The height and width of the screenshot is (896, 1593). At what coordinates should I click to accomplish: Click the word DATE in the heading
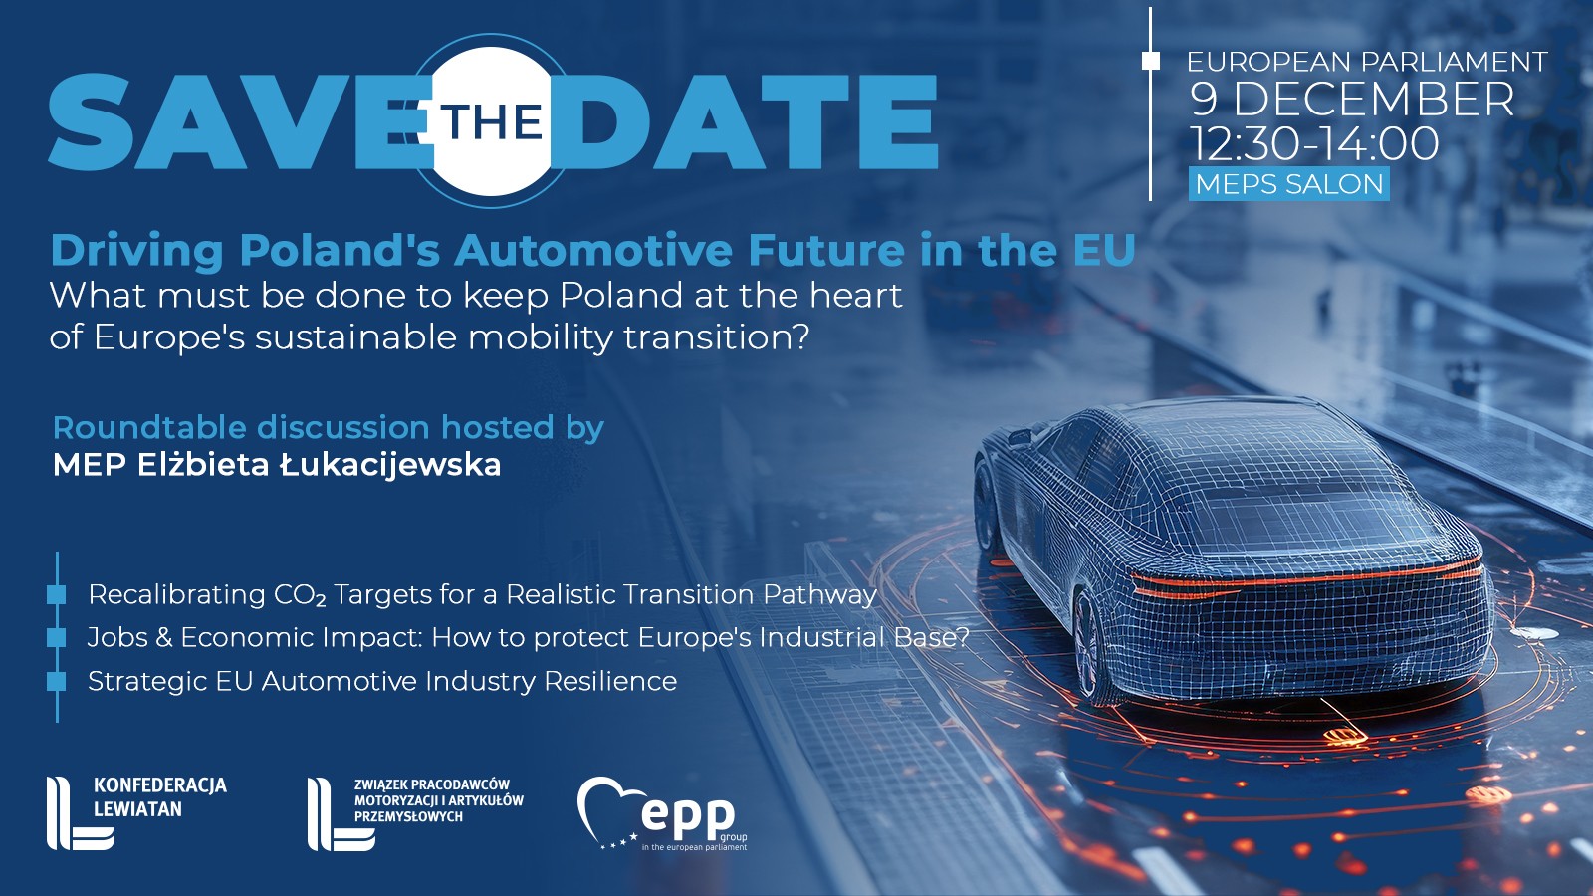click(746, 121)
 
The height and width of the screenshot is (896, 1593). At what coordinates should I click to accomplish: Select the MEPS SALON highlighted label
click(1288, 184)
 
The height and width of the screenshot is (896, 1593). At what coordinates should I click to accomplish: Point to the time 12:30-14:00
click(1315, 143)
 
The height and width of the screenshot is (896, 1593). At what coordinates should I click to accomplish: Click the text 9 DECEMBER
click(1352, 99)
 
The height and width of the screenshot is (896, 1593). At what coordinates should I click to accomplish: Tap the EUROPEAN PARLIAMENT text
click(1367, 62)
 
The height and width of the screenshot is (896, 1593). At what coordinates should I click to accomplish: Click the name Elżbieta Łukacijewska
click(320, 465)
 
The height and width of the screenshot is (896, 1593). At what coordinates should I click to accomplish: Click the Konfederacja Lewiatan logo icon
click(80, 812)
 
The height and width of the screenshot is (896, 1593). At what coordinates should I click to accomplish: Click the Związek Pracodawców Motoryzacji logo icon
click(341, 814)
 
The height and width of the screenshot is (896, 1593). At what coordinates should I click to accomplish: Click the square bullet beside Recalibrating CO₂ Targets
click(56, 594)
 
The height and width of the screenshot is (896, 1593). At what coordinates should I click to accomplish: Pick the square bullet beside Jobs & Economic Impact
click(56, 638)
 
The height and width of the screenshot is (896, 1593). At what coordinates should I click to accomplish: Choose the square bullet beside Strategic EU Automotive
click(56, 681)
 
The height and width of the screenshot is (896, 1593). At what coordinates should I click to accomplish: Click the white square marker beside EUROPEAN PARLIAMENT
click(1151, 61)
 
